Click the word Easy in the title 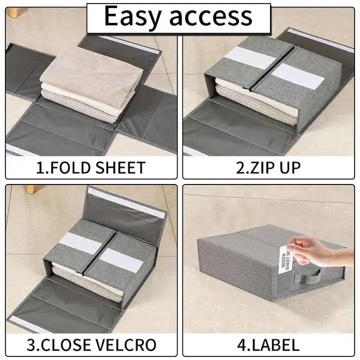[132, 16]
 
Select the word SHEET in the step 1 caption [120, 168]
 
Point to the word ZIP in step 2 [259, 168]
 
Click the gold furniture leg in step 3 [31, 189]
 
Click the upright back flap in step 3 [126, 213]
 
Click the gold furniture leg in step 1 [14, 12]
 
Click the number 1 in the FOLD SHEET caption [40, 168]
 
